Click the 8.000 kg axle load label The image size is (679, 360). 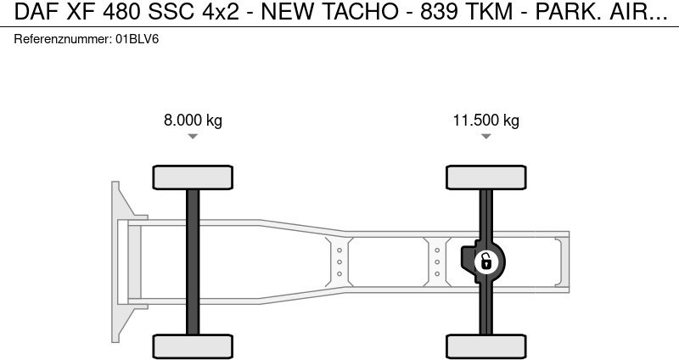coord(193,121)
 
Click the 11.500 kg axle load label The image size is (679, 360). coord(485,121)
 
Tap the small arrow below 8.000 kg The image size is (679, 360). coord(193,137)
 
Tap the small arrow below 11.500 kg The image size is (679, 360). coord(485,137)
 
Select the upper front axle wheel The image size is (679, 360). coord(193,177)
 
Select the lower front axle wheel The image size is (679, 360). coord(193,346)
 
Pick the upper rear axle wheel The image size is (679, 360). coord(485,177)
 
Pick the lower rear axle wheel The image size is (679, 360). coord(485,346)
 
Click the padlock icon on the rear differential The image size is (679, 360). coord(486,262)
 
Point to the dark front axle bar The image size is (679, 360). coord(193,262)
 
